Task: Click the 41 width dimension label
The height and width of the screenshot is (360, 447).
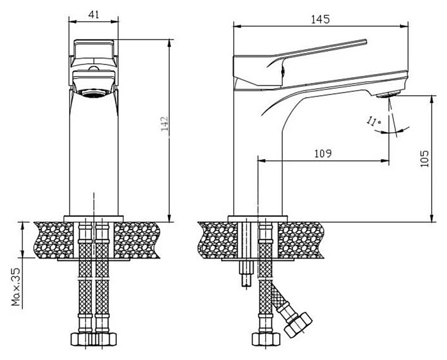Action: (93, 14)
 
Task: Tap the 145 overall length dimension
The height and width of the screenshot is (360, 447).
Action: (320, 19)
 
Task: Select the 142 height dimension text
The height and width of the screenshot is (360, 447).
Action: (165, 123)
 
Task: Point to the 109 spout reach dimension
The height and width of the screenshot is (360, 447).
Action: (323, 154)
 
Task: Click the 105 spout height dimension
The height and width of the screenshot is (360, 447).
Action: (425, 159)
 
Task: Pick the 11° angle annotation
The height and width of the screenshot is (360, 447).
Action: (374, 122)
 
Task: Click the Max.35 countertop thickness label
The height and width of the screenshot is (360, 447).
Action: (16, 287)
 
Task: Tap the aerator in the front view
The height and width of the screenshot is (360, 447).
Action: (94, 93)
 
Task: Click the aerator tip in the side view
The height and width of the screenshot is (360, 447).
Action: (388, 94)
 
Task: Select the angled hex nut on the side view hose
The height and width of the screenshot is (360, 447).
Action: (298, 325)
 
